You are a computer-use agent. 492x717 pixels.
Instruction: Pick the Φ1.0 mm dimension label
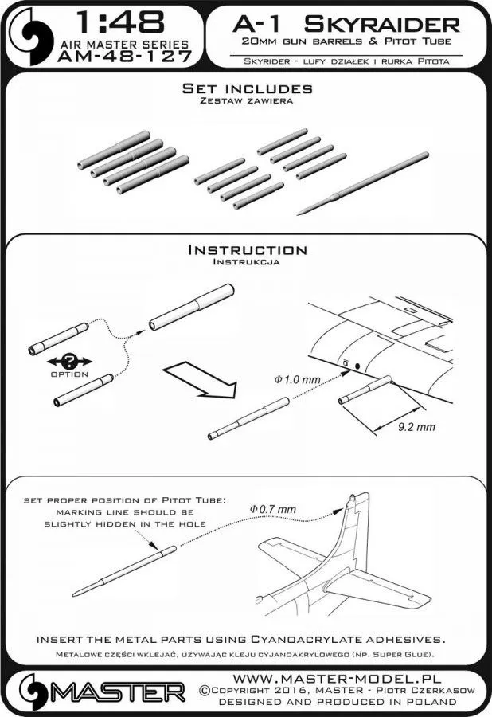click(x=296, y=380)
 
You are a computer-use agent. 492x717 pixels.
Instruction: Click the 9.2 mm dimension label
click(x=416, y=427)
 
